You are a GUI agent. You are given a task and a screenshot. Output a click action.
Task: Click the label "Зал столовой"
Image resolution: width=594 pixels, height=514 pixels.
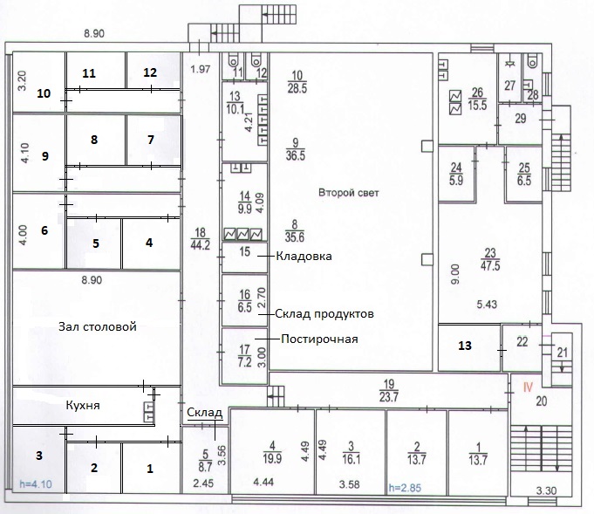coord(98,326)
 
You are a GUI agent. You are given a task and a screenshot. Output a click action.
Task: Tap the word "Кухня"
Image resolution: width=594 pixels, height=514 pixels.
coord(83,405)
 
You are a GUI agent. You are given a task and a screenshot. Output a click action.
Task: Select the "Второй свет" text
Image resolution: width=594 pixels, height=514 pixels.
coord(349,193)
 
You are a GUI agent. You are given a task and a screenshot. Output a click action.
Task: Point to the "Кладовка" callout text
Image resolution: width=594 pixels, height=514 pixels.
coord(304,257)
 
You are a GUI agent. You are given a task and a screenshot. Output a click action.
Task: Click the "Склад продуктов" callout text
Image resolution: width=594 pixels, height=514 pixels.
coord(324,314)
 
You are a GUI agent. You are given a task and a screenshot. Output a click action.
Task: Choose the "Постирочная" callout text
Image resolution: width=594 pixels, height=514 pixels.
coord(319,339)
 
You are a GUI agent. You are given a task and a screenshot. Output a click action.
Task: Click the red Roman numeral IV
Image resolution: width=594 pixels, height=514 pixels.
coord(528,387)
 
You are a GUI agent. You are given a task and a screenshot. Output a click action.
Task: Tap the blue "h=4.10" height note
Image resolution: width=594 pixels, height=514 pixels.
coord(36,484)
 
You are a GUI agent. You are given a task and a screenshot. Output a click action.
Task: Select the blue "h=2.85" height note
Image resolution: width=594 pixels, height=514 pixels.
coord(405,488)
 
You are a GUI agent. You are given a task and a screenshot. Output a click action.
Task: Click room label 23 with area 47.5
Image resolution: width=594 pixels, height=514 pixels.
coord(490,259)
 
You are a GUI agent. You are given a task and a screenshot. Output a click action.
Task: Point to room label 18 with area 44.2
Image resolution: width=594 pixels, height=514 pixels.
coord(200,239)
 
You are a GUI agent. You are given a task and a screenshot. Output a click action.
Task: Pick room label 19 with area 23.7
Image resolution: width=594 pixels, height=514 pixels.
coord(389,391)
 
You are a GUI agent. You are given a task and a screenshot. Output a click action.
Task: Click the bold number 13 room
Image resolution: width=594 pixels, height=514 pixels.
coord(465,346)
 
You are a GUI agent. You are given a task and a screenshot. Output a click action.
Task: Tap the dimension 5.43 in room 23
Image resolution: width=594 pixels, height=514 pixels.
coord(487,305)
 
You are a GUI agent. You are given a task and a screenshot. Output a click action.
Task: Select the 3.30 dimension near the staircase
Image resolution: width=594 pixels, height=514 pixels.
coord(546,491)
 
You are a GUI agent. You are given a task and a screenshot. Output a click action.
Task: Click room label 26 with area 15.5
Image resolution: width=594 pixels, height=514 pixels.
coord(477,99)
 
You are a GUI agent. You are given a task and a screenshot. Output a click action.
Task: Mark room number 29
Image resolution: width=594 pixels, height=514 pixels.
coord(521,119)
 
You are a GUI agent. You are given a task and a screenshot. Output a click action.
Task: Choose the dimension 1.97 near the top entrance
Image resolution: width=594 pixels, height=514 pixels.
coord(201,69)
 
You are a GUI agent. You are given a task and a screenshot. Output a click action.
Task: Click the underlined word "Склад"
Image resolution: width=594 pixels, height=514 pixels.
coord(205,413)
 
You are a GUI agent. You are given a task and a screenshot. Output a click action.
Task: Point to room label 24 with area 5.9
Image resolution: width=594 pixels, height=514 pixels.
coord(456,174)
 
